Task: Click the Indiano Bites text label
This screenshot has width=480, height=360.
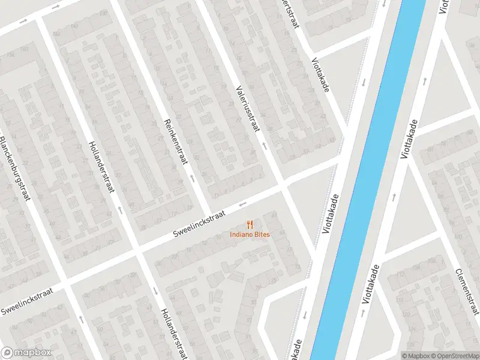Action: click(250, 234)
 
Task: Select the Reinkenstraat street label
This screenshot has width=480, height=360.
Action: click(175, 142)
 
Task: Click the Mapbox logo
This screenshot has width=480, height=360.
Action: click(26, 353)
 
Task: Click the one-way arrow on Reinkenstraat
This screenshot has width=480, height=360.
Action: click(191, 178)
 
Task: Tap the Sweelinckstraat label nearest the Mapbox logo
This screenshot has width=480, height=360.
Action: click(27, 301)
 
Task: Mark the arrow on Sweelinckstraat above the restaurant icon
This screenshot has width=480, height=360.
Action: click(244, 204)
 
